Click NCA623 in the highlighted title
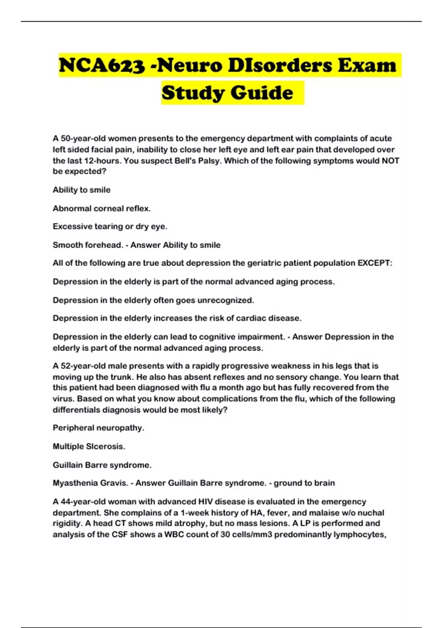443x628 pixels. (102, 65)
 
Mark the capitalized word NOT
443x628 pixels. (390, 161)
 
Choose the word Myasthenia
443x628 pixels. (73, 483)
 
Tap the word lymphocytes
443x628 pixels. (360, 535)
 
